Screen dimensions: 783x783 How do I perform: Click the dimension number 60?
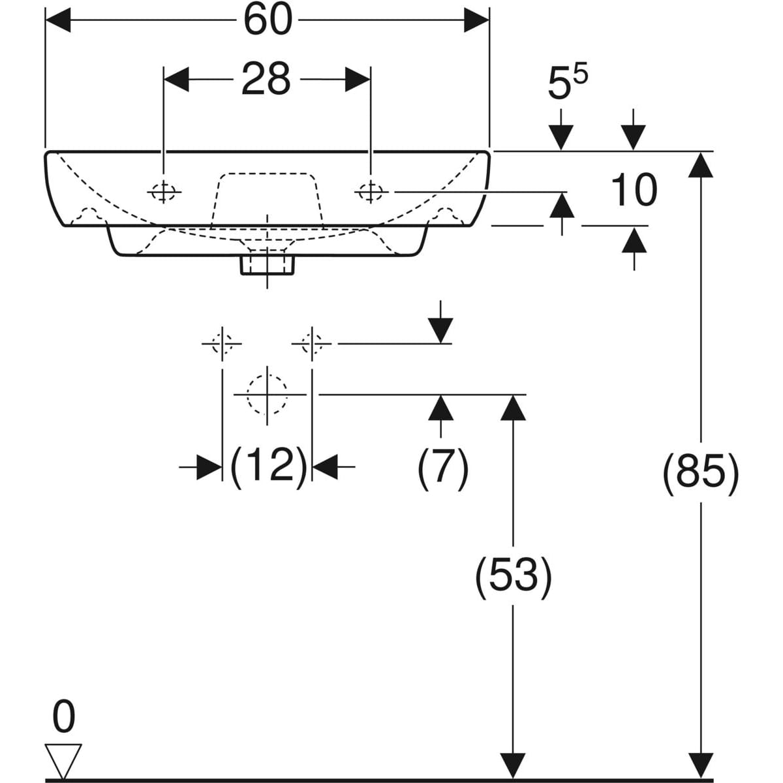(x=268, y=20)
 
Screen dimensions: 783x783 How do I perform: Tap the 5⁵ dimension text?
(x=566, y=84)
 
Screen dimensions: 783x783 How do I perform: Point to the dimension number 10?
(x=634, y=191)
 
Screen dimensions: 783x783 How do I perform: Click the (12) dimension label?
(x=268, y=466)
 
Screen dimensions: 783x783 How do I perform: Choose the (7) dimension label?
(x=442, y=467)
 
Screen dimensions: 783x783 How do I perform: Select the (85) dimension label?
(x=701, y=469)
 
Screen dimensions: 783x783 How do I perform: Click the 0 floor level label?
(x=63, y=717)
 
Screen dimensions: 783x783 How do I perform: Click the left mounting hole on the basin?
(x=163, y=192)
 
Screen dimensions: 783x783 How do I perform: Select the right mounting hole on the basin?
(x=371, y=191)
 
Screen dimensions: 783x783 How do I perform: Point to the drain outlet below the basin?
(x=268, y=264)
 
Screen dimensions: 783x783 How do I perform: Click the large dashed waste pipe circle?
(x=267, y=394)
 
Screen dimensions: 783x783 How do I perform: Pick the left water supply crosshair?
(x=223, y=343)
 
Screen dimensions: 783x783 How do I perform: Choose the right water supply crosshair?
(x=312, y=343)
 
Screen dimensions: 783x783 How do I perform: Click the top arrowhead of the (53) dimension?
(x=513, y=408)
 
